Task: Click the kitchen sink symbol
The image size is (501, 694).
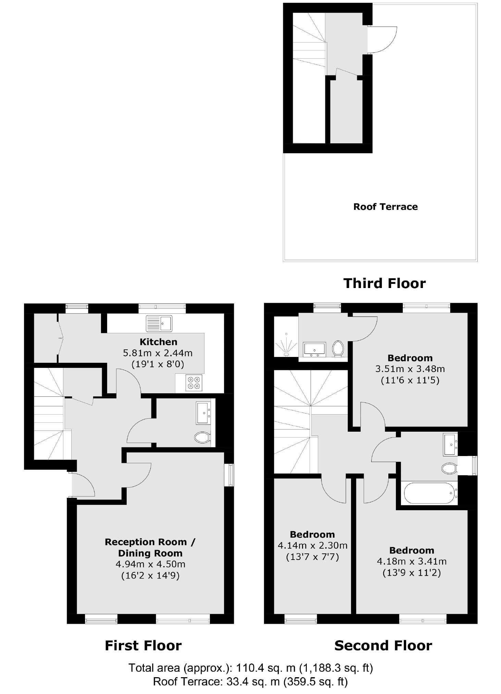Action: pyautogui.click(x=159, y=323)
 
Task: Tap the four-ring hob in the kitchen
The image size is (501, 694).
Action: pyautogui.click(x=194, y=383)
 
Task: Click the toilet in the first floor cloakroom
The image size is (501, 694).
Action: pyautogui.click(x=202, y=437)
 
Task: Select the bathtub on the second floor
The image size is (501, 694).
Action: pyautogui.click(x=430, y=493)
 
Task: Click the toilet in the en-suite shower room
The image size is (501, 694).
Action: pyautogui.click(x=338, y=348)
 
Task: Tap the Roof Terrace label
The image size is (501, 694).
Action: pyautogui.click(x=385, y=207)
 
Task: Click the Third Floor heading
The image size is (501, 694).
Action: pyautogui.click(x=384, y=283)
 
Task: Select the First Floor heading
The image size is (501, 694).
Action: pyautogui.click(x=143, y=645)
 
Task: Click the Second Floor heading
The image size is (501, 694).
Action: pyautogui.click(x=383, y=645)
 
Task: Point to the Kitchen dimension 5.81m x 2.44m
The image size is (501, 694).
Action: pyautogui.click(x=158, y=353)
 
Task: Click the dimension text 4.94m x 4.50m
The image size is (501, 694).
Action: pyautogui.click(x=150, y=564)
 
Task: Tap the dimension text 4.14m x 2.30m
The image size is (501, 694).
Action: pyautogui.click(x=312, y=545)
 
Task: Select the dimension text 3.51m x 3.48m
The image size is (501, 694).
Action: pyautogui.click(x=410, y=369)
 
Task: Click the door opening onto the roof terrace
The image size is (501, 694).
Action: pyautogui.click(x=382, y=39)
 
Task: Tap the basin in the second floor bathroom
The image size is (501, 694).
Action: pyautogui.click(x=450, y=444)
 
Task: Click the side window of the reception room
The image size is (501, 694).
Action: pyautogui.click(x=231, y=475)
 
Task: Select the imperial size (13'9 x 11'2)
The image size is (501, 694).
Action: pyautogui.click(x=411, y=573)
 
